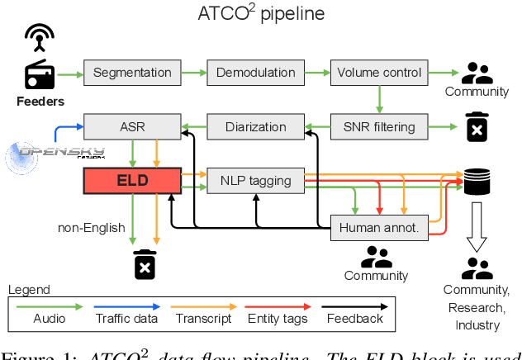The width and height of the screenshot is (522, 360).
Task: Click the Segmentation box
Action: click(132, 73)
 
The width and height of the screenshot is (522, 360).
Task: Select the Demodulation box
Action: click(256, 73)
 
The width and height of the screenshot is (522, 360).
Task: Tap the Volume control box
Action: click(379, 73)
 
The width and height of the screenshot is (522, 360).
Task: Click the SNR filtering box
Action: click(379, 127)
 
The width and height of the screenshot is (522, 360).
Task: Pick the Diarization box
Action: click(256, 127)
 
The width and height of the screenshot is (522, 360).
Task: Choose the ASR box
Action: click(132, 127)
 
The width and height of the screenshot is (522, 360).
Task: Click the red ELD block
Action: click(132, 181)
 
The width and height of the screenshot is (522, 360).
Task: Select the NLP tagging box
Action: click(256, 181)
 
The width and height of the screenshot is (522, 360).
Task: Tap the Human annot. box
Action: click(379, 228)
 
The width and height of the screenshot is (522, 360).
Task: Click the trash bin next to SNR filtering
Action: click(476, 127)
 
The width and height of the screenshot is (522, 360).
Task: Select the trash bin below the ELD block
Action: click(145, 264)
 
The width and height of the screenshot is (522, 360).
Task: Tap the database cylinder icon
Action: click(476, 181)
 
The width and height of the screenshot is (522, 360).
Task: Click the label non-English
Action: click(90, 227)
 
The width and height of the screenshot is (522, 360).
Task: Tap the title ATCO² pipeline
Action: click(261, 14)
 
